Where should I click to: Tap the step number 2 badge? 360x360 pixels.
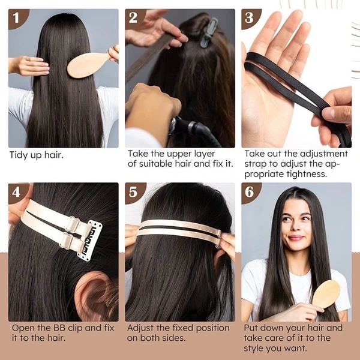click(135, 18)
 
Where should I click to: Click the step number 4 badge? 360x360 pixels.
click(18, 193)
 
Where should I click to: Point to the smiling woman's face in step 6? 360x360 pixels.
click(295, 226)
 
